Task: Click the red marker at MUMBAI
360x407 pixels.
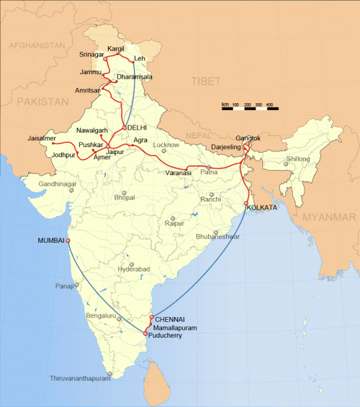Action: pyautogui.click(x=68, y=241)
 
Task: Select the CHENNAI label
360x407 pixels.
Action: pyautogui.click(x=170, y=318)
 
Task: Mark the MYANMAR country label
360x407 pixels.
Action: pyautogui.click(x=328, y=217)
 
